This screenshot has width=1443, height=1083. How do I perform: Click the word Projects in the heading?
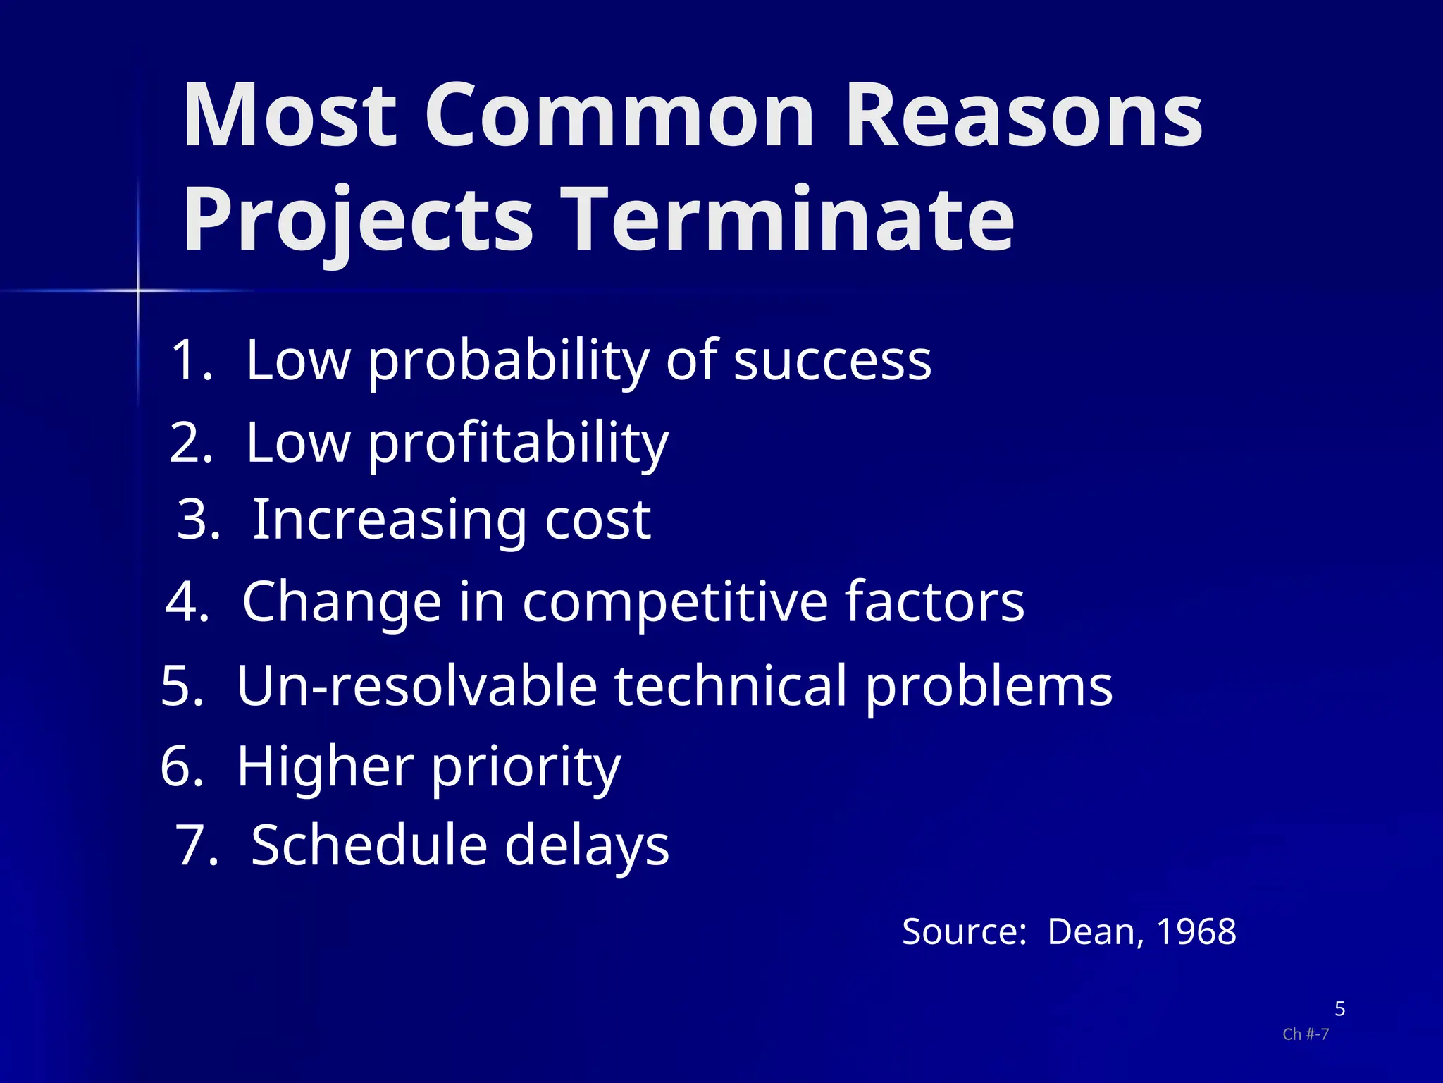pyautogui.click(x=358, y=219)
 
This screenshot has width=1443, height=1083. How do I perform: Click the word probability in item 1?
pyautogui.click(x=507, y=362)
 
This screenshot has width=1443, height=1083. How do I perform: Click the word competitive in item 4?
pyautogui.click(x=674, y=603)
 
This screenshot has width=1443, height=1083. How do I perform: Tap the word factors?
pyautogui.click(x=934, y=603)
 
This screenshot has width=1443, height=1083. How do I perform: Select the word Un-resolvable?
pyautogui.click(x=417, y=685)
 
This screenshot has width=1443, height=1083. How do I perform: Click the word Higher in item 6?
pyautogui.click(x=325, y=766)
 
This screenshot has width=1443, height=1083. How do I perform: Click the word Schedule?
pyautogui.click(x=369, y=845)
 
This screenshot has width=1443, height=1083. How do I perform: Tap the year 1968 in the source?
pyautogui.click(x=1196, y=931)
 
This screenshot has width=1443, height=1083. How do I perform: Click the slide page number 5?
pyautogui.click(x=1339, y=1009)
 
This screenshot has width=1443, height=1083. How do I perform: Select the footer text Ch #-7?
pyautogui.click(x=1305, y=1034)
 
